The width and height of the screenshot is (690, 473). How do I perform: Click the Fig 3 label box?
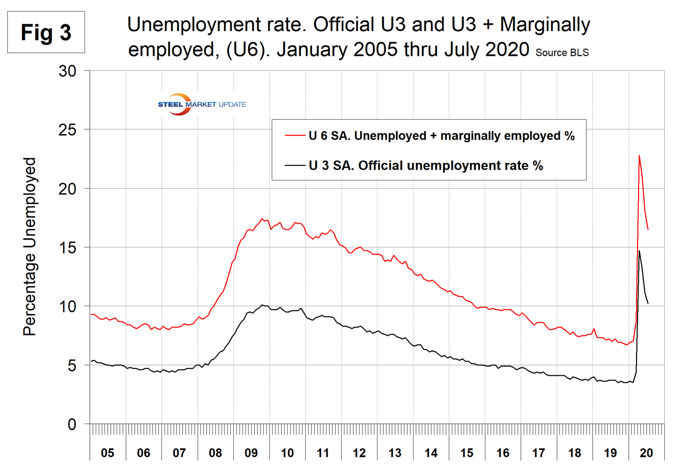[x=46, y=33]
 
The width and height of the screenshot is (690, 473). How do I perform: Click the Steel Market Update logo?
[x=202, y=104]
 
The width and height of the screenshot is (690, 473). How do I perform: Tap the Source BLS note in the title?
[x=562, y=53]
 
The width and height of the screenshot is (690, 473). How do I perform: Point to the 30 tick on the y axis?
[x=68, y=71]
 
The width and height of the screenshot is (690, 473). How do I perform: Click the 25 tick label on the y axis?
[x=68, y=130]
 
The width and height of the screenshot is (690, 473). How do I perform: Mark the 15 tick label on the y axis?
[x=68, y=247]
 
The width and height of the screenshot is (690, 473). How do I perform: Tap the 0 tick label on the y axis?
[x=72, y=424]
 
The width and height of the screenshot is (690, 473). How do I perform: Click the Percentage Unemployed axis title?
[x=30, y=246]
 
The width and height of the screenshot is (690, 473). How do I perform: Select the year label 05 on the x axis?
[x=107, y=453]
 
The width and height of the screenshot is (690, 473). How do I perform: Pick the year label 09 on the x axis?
[x=251, y=453]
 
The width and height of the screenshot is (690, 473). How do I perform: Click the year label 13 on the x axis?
[x=395, y=453]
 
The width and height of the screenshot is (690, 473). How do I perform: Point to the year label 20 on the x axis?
[x=646, y=453]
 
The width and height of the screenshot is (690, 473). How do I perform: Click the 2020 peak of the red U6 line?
[x=639, y=156]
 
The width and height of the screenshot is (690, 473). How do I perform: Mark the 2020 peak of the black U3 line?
[x=639, y=251]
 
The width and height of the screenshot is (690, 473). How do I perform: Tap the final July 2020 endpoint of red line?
[x=648, y=229]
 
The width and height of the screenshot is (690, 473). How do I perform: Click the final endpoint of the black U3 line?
[x=648, y=304]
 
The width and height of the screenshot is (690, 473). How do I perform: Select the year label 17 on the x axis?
[x=538, y=453]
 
